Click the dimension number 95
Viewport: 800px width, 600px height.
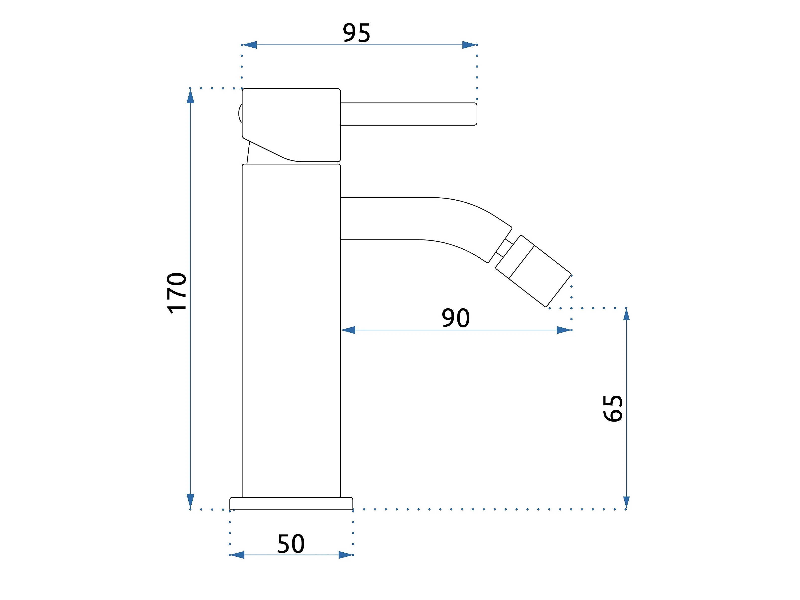(x=356, y=33)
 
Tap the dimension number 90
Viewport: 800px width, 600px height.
(x=455, y=318)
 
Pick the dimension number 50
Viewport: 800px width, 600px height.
(x=291, y=544)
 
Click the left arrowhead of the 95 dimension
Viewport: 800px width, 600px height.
(x=249, y=45)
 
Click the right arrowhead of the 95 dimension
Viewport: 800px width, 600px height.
(x=469, y=45)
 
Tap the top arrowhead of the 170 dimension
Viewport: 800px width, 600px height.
(x=191, y=96)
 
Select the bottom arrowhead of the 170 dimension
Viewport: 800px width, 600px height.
(x=191, y=502)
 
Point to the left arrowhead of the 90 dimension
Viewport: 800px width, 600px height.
(x=348, y=330)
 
